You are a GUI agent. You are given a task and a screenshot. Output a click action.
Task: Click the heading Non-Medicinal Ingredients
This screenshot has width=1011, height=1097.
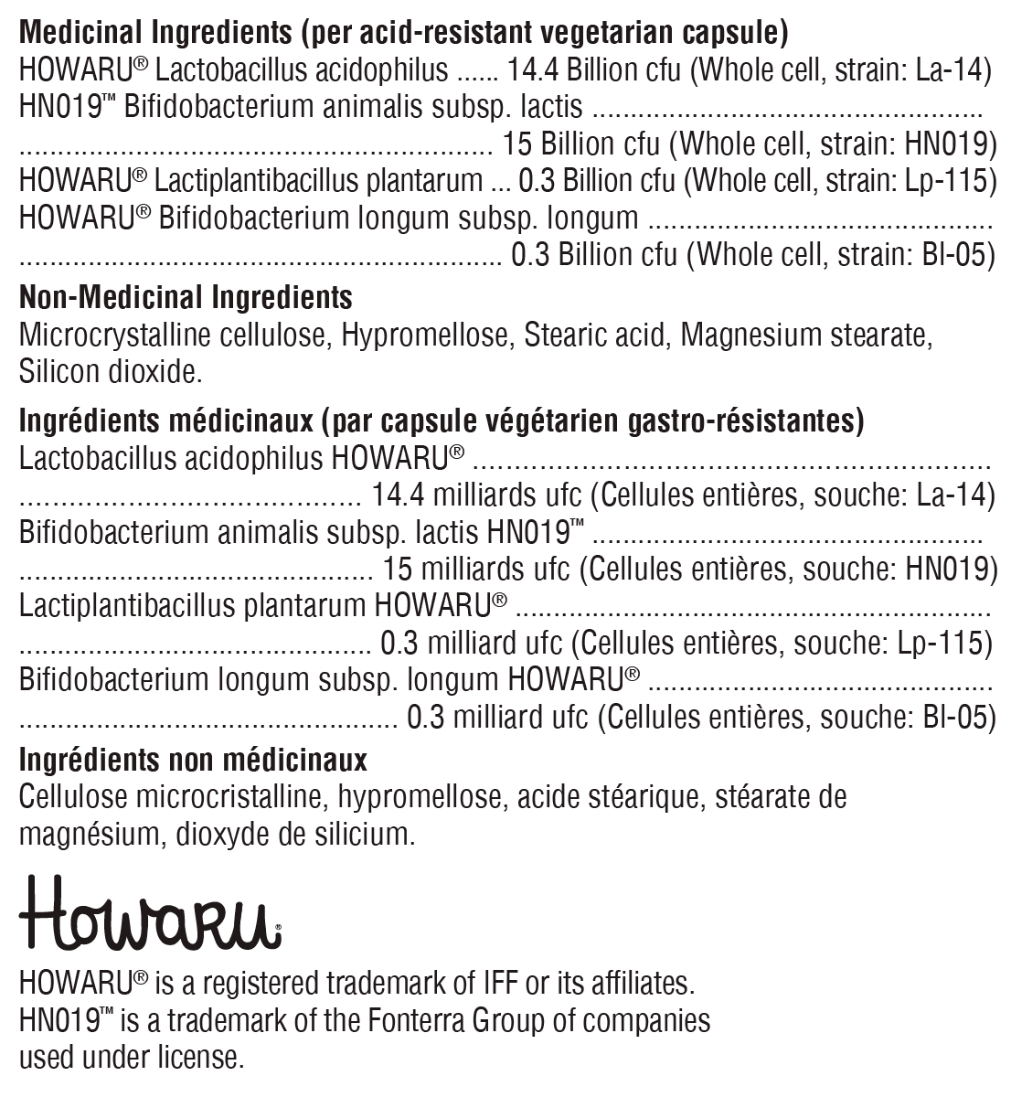coord(186,297)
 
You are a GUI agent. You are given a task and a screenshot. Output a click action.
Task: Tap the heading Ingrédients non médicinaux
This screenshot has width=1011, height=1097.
coord(193,760)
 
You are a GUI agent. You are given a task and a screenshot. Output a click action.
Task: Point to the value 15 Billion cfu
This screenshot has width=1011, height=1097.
coord(580,144)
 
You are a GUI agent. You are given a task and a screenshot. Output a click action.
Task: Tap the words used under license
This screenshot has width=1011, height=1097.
coord(132,1058)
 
